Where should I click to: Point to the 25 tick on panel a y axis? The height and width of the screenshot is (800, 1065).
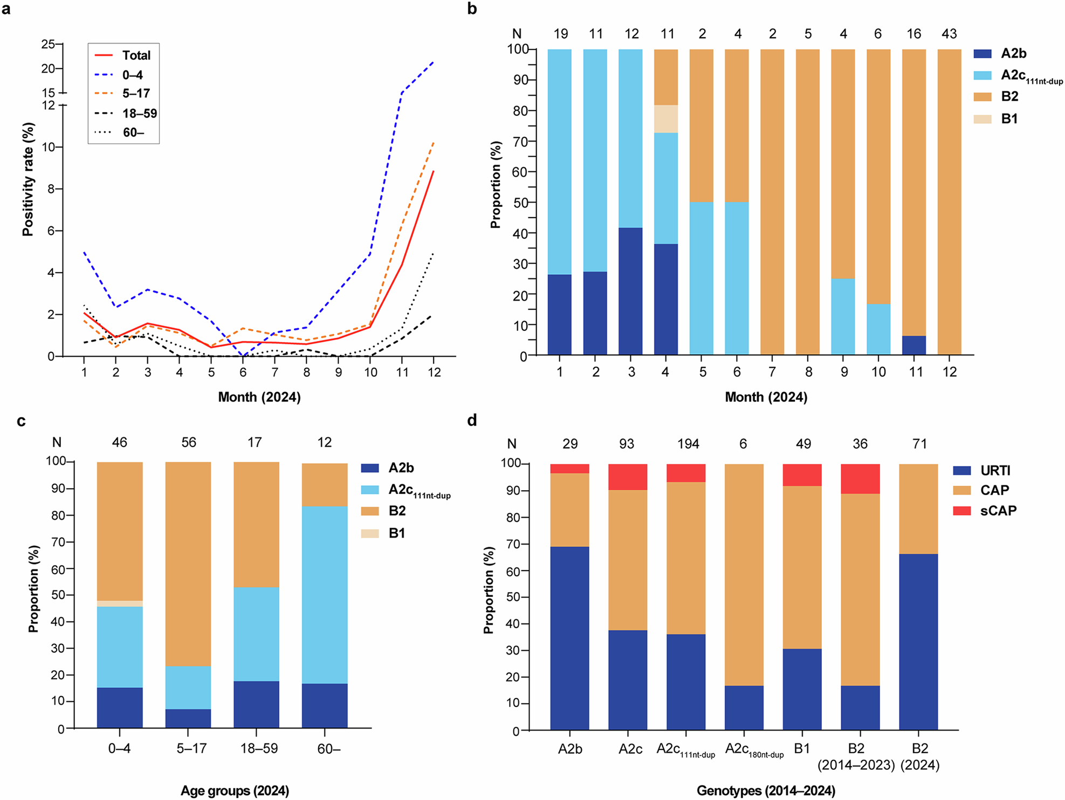click(48, 44)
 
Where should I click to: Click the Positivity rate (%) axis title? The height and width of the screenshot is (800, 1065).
click(28, 179)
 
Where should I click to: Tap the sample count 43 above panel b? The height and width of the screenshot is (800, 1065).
click(949, 34)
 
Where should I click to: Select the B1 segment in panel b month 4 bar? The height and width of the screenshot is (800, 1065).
click(666, 119)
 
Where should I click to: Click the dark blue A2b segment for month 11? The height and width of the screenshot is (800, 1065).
click(914, 345)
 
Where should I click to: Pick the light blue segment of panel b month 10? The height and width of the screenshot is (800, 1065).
click(878, 329)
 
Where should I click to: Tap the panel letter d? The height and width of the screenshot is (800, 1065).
click(472, 421)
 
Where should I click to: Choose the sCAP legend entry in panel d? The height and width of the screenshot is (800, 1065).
click(998, 511)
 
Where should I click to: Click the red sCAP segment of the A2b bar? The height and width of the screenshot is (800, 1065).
click(569, 469)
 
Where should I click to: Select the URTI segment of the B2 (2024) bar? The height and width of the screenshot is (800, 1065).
click(918, 641)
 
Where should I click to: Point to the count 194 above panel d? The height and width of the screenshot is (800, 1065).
click(688, 444)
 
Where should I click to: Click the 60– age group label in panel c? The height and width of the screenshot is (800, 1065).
click(328, 749)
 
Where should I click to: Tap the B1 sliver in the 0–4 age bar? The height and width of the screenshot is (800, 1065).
click(120, 604)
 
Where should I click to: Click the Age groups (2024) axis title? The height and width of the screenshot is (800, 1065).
click(235, 791)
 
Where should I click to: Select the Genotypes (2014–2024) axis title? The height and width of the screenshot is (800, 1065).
click(766, 791)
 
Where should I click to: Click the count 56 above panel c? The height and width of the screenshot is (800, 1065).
click(189, 443)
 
